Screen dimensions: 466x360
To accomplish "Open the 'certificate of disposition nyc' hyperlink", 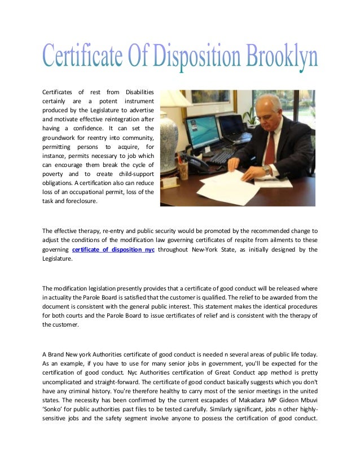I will pos(113,249).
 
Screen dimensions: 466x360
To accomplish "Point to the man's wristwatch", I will pos(266,169).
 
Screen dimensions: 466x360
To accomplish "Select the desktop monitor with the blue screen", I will pos(201,131).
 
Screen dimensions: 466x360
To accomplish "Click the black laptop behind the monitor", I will pos(232,128).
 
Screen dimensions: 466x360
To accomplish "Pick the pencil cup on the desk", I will pos(182,169).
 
